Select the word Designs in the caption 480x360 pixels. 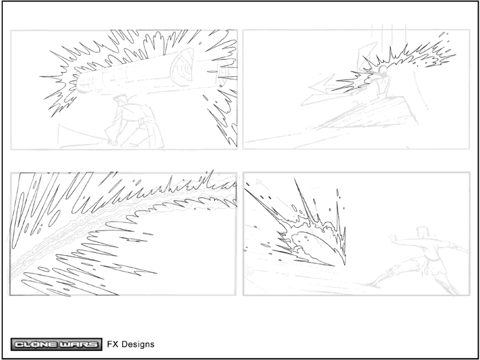coord(138,344)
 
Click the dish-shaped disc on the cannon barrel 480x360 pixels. coord(182,67)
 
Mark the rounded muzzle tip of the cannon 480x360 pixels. coord(80,83)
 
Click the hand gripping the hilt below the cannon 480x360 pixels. coord(113,142)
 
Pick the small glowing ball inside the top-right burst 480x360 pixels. coord(383,71)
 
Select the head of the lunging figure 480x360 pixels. coord(422,232)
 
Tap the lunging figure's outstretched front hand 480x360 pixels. coord(392,237)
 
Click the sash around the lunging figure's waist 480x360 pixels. coord(433,260)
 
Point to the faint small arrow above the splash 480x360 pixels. coord(259,182)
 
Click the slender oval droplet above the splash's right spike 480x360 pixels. coord(338,193)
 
